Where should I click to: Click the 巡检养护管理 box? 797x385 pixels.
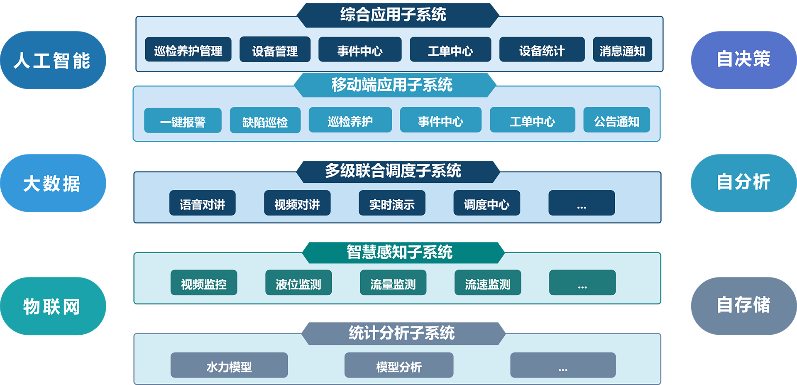188,49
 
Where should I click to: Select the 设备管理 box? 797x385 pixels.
275,49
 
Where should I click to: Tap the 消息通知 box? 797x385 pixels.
622,49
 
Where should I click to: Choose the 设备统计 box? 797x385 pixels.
542,49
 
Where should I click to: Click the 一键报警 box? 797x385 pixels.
183,120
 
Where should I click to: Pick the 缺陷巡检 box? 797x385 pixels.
265,120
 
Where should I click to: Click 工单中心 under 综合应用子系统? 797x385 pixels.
450,49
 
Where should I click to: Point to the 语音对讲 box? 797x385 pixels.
202,203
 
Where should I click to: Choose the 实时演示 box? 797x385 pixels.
392,203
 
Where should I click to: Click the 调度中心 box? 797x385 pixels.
487,203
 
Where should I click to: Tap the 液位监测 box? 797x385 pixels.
298,283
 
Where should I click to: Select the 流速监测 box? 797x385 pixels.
488,283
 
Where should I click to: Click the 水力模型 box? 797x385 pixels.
229,365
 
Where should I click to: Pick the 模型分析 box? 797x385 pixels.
398,365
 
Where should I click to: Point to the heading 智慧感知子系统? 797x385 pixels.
399,252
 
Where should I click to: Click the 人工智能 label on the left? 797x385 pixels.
52,61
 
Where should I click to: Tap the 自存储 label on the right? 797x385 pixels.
743,304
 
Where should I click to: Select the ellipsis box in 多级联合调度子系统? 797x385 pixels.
582,203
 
